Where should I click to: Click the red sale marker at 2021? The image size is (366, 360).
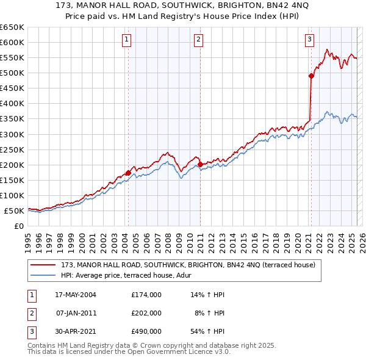(x=311, y=76)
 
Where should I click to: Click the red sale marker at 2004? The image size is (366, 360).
(x=128, y=173)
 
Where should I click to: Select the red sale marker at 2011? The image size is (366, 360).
(x=200, y=164)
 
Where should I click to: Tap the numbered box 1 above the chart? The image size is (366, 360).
(x=126, y=40)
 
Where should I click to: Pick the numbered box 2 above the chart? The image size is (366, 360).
(x=199, y=40)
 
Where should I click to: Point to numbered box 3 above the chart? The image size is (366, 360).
(x=310, y=40)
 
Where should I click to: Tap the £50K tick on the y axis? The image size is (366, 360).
(x=15, y=211)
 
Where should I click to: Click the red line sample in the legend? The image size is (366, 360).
(x=43, y=265)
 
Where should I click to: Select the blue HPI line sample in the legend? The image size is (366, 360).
(x=43, y=275)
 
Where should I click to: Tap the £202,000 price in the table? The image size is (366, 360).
(x=146, y=313)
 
